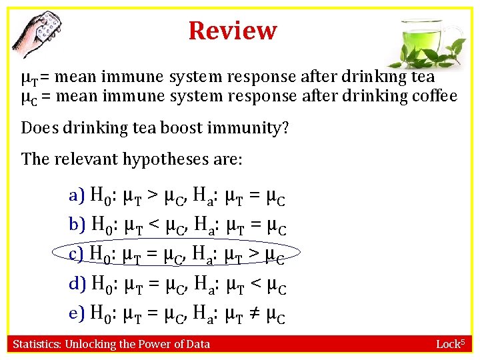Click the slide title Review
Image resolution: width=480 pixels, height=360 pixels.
pyautogui.click(x=232, y=31)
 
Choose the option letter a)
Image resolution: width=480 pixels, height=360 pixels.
pyautogui.click(x=77, y=196)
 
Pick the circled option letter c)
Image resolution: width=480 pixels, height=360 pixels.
pyautogui.click(x=77, y=253)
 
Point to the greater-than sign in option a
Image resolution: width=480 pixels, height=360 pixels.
pyautogui.click(x=153, y=196)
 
